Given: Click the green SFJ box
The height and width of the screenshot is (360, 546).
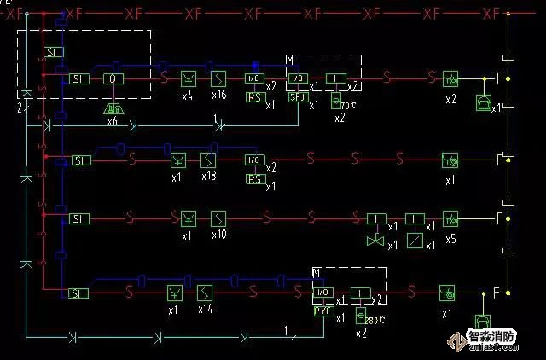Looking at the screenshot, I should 298,96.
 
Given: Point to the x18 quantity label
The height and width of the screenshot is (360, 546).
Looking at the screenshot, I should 209,177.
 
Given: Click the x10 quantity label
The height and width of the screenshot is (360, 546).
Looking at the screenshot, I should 218,234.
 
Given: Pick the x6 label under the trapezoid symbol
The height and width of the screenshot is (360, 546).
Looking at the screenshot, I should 113,122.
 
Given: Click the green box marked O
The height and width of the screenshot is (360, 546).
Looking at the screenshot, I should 113,78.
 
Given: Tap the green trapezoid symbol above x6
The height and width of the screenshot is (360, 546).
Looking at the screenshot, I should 113,108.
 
